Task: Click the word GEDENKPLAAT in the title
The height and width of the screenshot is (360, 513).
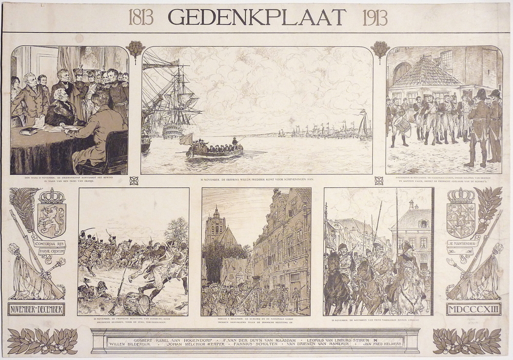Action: coord(256,16)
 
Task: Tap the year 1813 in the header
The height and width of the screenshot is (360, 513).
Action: coord(141,17)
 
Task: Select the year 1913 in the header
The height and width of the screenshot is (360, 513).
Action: coord(375,17)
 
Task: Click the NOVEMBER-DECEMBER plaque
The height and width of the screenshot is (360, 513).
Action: coord(36,309)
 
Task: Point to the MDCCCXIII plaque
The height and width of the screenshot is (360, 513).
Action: coord(466,309)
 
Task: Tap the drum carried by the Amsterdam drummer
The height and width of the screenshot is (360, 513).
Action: coord(403,125)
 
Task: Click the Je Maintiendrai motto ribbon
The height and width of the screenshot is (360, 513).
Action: coord(463,244)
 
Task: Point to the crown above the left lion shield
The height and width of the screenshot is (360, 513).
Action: coord(52,196)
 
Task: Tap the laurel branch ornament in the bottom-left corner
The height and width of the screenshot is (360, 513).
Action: coord(42,341)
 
